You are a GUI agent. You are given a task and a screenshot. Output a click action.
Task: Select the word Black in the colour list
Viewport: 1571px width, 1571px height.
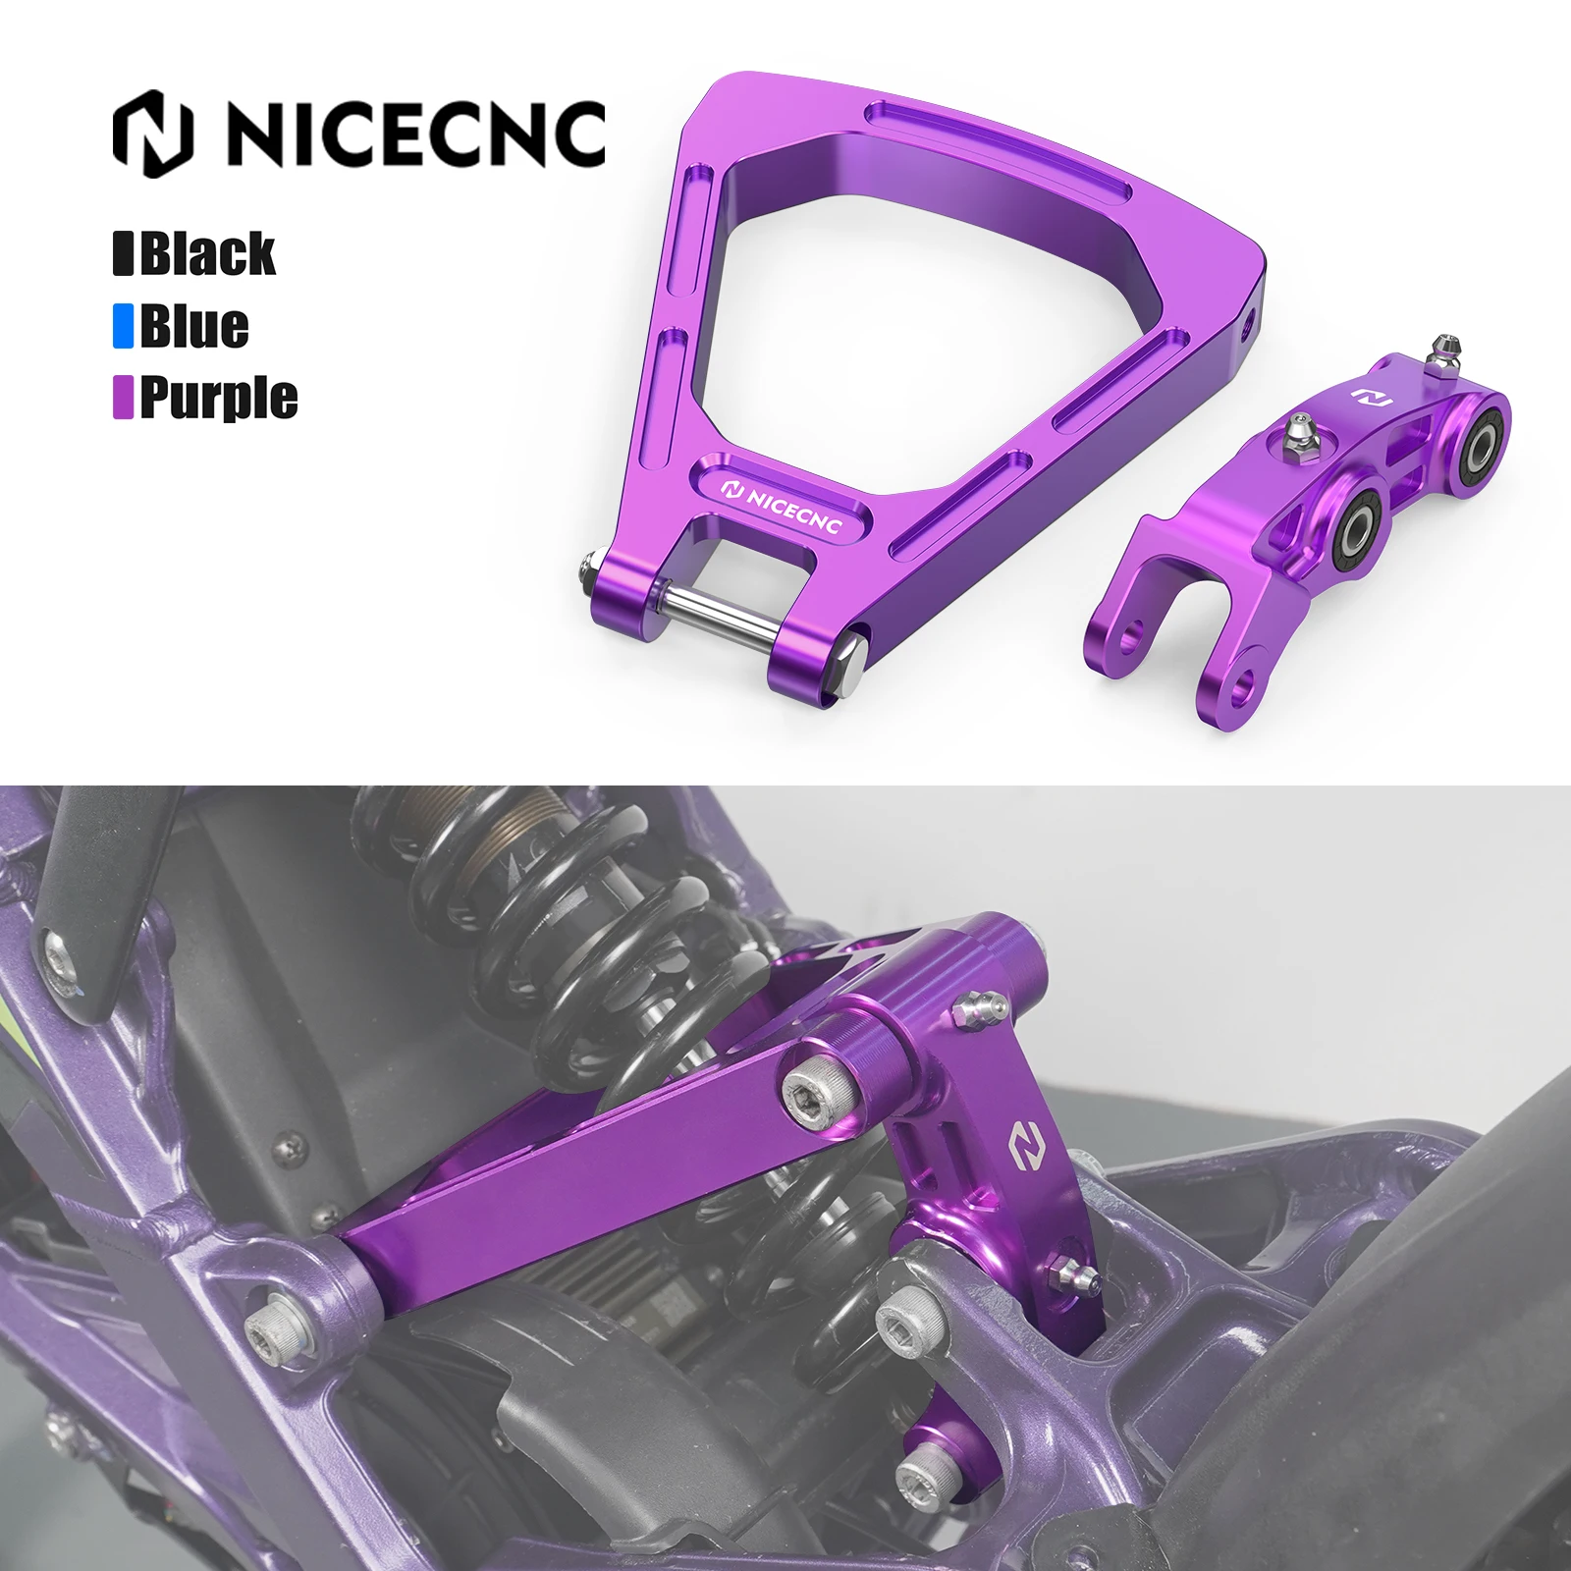tap(207, 253)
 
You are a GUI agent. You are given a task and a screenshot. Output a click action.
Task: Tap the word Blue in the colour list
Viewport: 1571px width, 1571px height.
tap(194, 326)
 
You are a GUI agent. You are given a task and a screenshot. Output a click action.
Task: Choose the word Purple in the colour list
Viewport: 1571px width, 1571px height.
tap(218, 398)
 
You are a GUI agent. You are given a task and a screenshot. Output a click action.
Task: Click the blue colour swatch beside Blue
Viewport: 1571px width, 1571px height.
tap(123, 326)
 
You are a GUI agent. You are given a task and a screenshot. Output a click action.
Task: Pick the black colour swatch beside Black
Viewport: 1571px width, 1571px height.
tap(123, 253)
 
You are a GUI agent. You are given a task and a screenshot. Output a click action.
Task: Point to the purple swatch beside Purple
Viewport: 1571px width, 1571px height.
tap(123, 398)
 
